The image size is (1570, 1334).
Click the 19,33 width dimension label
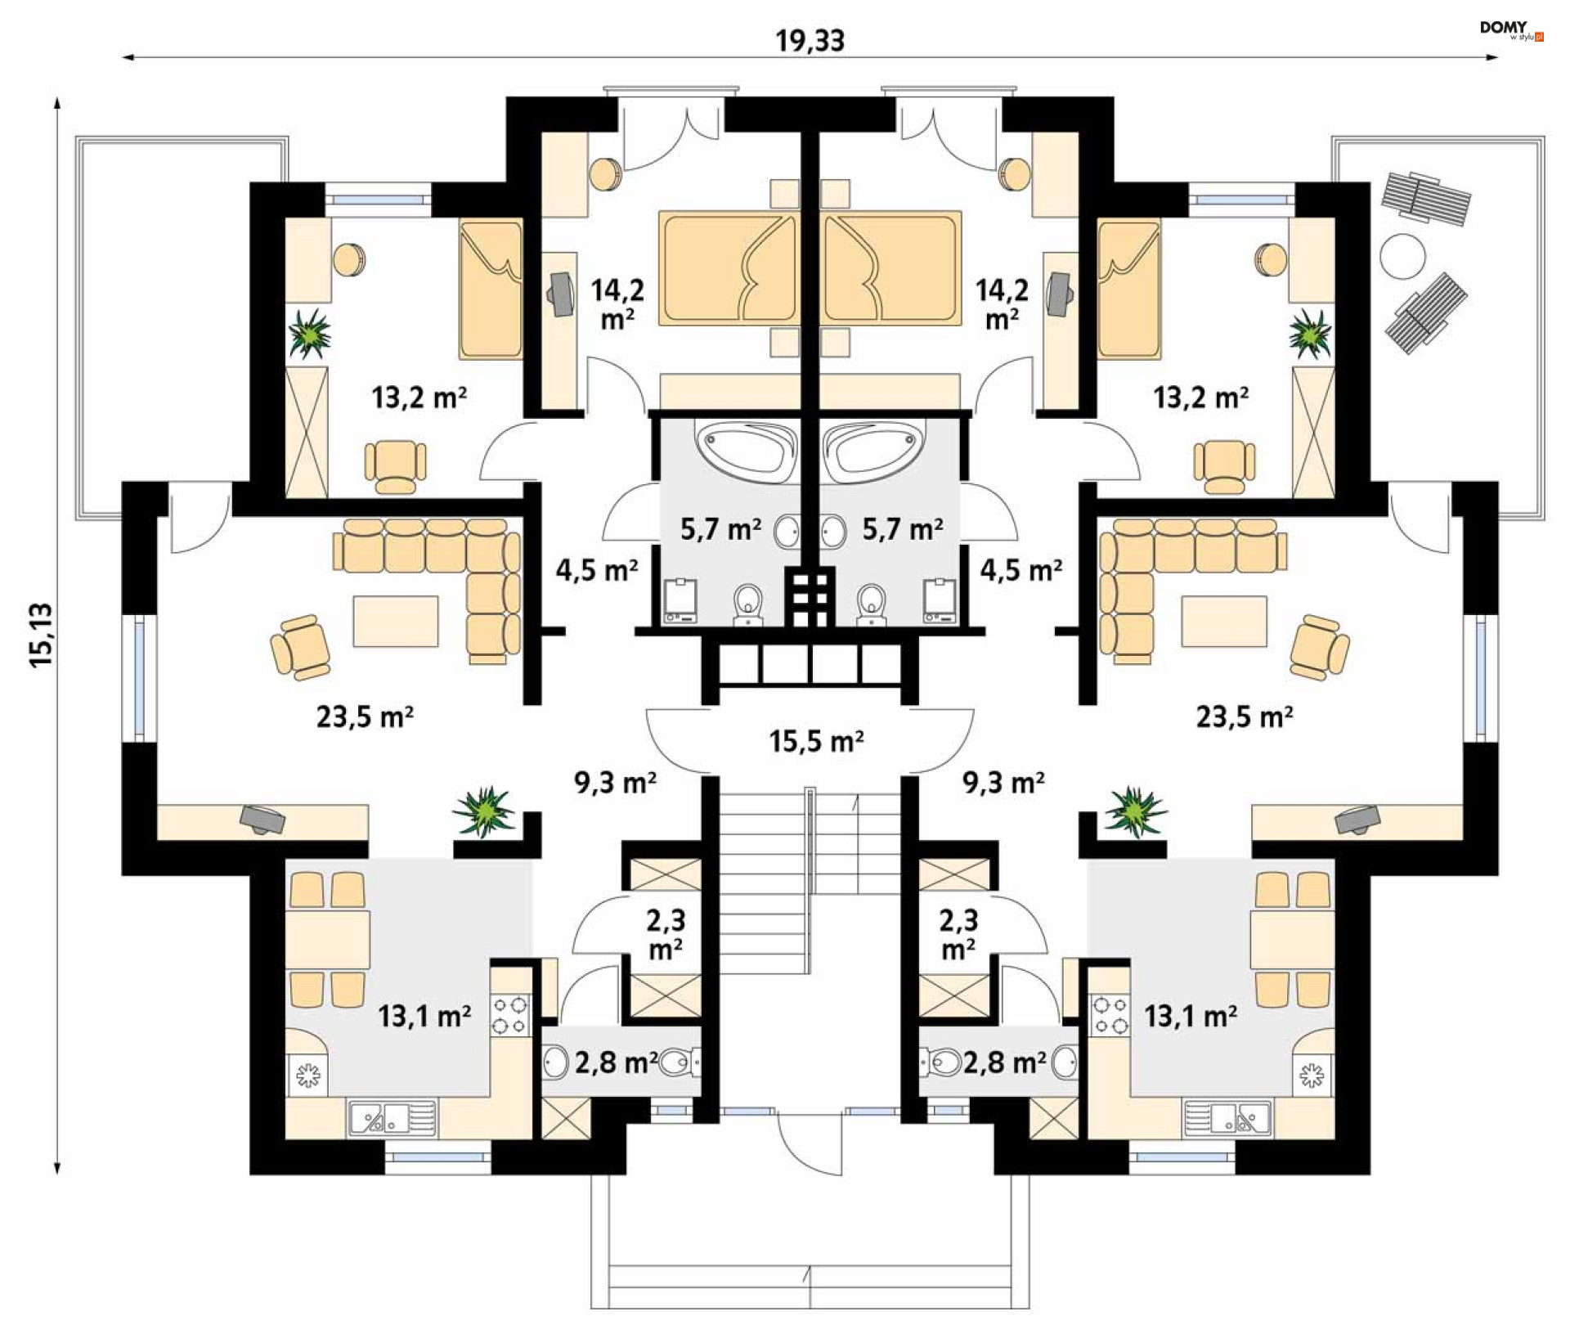pyautogui.click(x=810, y=40)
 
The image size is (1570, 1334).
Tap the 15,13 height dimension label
pyautogui.click(x=41, y=635)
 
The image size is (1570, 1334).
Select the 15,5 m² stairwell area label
pyautogui.click(x=816, y=742)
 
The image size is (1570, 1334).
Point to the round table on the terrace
pyautogui.click(x=1402, y=256)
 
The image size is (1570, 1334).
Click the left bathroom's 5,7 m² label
pyautogui.click(x=720, y=530)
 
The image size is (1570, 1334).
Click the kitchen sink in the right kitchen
pyautogui.click(x=1227, y=1118)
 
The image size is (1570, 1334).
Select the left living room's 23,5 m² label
pyautogui.click(x=365, y=717)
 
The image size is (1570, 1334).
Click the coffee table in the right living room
pyautogui.click(x=1223, y=622)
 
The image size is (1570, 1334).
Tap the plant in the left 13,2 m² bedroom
pyautogui.click(x=309, y=333)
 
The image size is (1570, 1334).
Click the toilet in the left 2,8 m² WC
pyautogui.click(x=675, y=1062)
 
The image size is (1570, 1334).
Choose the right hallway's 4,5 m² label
pyautogui.click(x=1021, y=570)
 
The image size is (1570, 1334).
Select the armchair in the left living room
pyautogui.click(x=300, y=647)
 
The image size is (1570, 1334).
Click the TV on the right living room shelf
pyautogui.click(x=1358, y=819)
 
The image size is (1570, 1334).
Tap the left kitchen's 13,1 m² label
pyautogui.click(x=424, y=1017)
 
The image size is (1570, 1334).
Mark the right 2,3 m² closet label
pyautogui.click(x=958, y=935)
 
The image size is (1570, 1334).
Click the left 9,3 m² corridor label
pyautogui.click(x=615, y=783)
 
